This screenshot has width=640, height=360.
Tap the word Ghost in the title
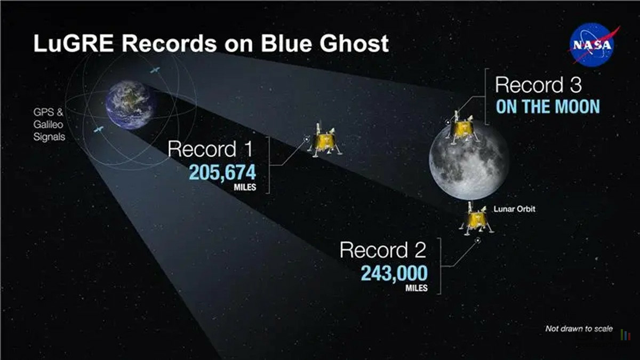354,43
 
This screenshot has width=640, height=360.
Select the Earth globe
131,105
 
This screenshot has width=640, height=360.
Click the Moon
469,162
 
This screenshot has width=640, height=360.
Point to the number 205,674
222,172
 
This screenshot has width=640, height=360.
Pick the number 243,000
394,273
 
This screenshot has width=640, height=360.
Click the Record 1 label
210,149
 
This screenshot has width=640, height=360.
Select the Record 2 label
383,250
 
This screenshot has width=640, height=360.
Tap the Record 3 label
538,85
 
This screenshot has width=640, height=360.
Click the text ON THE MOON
548,107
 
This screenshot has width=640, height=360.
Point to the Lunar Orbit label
514,209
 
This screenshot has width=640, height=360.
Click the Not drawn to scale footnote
579,329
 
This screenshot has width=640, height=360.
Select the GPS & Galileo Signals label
49,125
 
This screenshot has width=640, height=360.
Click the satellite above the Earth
155,70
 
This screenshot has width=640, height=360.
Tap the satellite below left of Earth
99,130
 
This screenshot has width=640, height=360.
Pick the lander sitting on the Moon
462,127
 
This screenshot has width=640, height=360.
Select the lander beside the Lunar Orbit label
476,219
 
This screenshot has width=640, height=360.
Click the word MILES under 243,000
417,287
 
